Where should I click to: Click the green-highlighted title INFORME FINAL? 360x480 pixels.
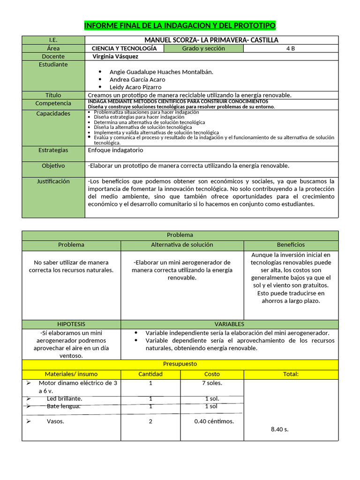[180, 25]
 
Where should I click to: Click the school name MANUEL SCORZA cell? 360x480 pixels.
[211, 40]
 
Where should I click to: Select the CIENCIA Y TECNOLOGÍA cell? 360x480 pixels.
[124, 48]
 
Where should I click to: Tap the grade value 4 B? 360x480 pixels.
[291, 48]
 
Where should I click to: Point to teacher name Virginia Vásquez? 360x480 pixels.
[116, 56]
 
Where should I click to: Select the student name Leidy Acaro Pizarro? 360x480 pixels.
[135, 87]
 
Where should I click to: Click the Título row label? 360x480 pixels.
[53, 95]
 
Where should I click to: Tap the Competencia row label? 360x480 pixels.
[53, 103]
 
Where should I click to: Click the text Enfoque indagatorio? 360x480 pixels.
[116, 150]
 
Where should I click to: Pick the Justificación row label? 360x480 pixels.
[53, 181]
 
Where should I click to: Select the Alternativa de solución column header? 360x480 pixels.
[182, 245]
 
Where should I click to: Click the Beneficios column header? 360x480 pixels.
[291, 245]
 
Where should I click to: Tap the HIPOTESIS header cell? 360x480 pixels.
[71, 324]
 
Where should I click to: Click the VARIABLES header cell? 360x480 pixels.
[229, 324]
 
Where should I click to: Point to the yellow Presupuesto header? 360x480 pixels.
[180, 364]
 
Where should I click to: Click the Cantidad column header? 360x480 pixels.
[150, 374]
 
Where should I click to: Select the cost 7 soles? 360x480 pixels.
[212, 383]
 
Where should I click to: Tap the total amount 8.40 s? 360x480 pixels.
[280, 429]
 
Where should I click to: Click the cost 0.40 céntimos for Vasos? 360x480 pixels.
[214, 421]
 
